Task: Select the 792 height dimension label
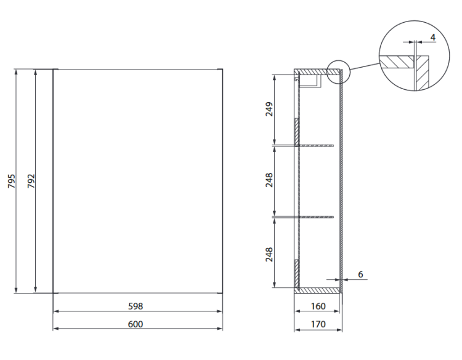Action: (31, 182)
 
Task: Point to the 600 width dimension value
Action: (136, 324)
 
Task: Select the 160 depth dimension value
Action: (317, 306)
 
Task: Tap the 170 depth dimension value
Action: (317, 324)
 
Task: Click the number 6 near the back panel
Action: (361, 274)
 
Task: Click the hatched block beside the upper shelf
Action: (296, 131)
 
